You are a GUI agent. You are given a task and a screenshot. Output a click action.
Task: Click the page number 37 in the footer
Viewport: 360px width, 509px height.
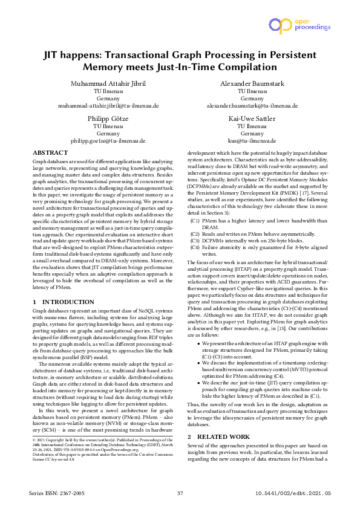180,494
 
